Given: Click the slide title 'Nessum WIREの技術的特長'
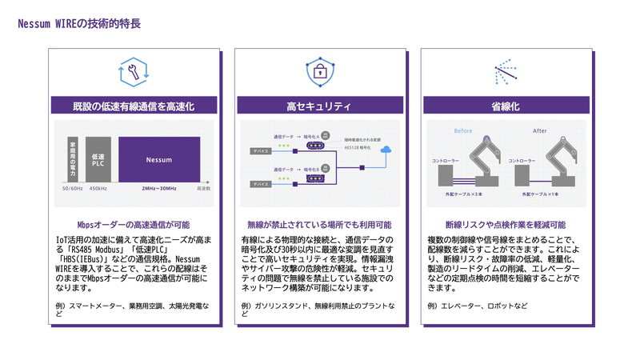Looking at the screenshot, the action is (79, 24).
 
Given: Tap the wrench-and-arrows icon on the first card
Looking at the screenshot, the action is (134, 72).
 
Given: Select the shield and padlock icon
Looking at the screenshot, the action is (319, 72).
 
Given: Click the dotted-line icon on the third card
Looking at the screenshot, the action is (506, 72).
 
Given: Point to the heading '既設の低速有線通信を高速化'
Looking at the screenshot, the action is (134, 106).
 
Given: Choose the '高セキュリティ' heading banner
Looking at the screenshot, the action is (319, 106).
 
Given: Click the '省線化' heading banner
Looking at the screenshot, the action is (506, 106).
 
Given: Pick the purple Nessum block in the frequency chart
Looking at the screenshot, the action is (159, 160).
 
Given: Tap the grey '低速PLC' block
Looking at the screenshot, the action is (98, 160).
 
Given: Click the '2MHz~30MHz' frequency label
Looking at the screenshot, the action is (158, 189).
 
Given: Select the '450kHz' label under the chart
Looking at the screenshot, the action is (98, 189).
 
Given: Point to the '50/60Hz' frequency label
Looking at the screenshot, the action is (73, 189).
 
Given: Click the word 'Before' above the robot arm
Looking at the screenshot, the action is (463, 130).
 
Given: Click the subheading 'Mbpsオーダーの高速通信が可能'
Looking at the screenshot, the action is (134, 225).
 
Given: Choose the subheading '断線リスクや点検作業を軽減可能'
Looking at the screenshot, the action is (506, 225).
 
